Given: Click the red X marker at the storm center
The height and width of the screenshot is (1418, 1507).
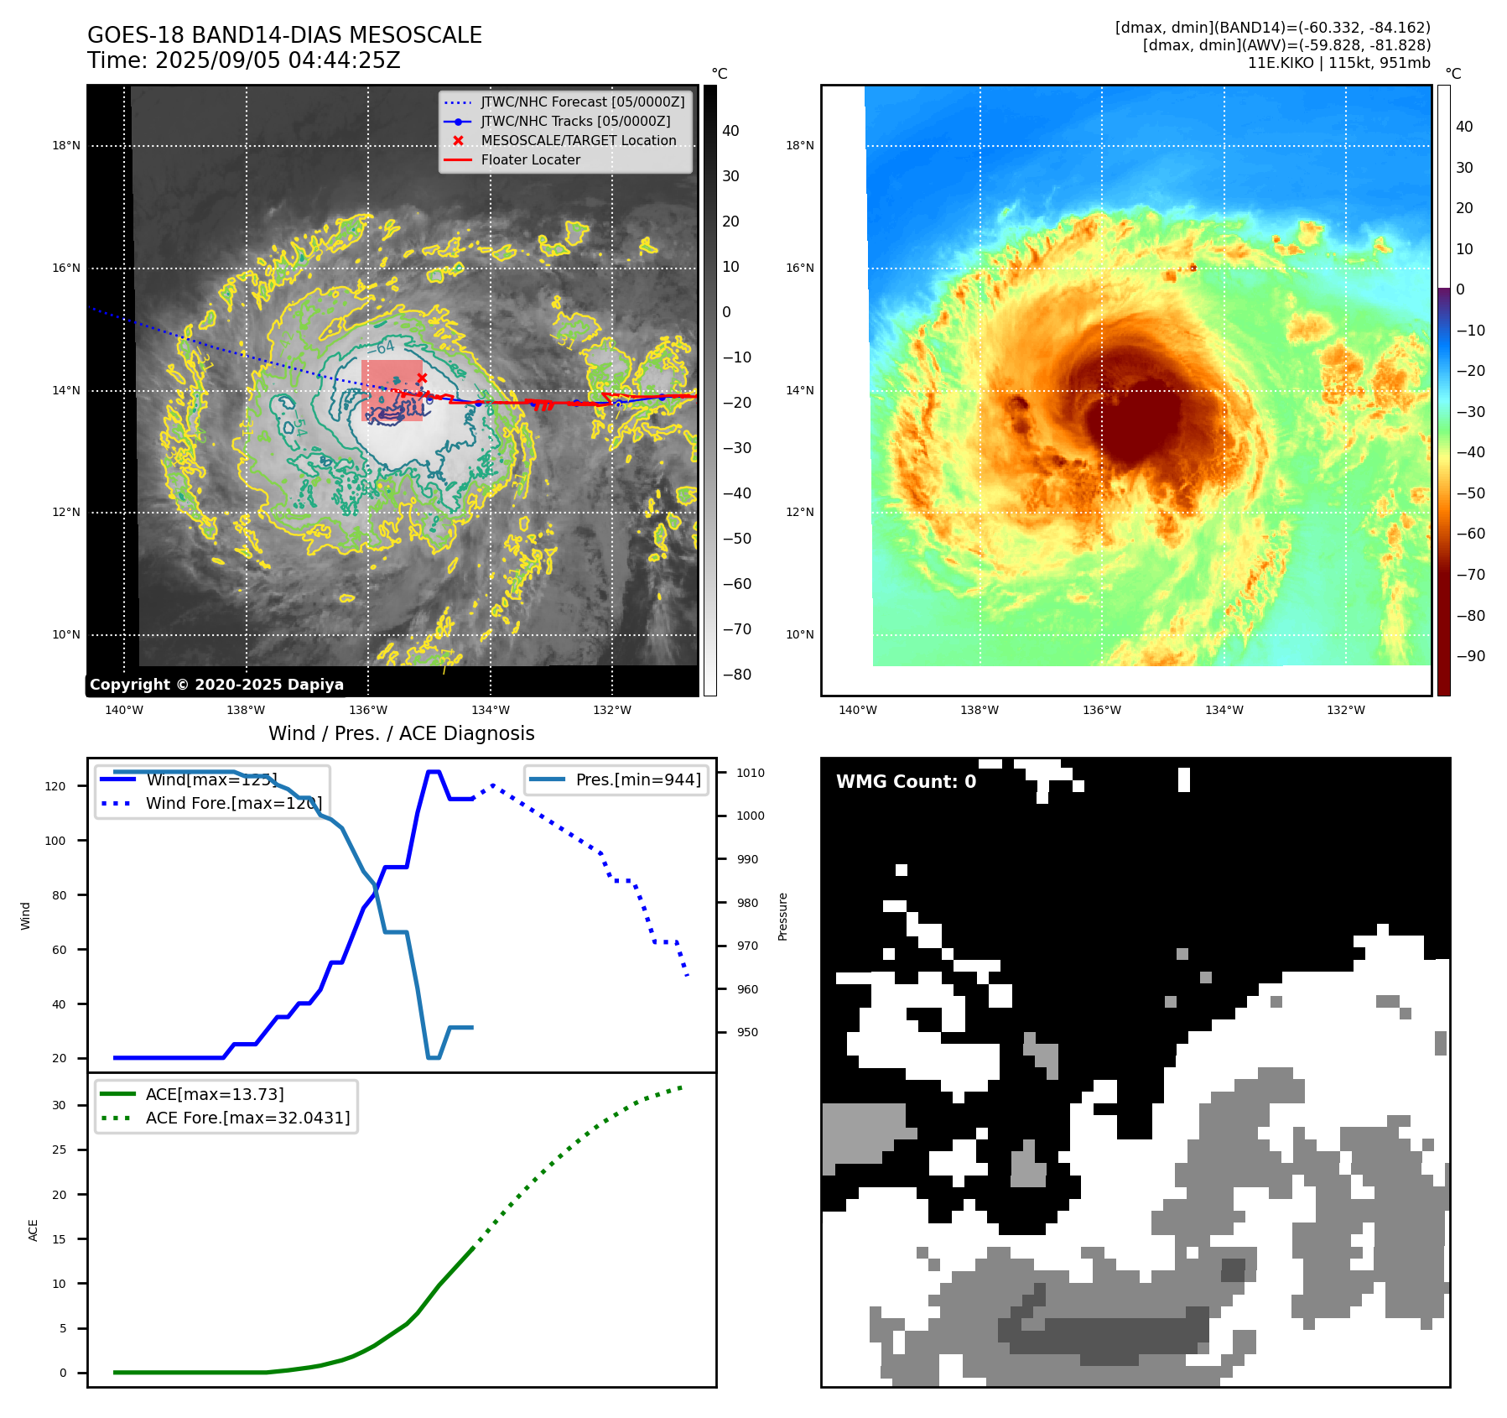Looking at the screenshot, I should coord(422,378).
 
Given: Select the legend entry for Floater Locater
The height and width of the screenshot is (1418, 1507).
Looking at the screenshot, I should coord(530,160).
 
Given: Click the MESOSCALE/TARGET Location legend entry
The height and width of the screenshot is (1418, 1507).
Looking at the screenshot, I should coord(578,141).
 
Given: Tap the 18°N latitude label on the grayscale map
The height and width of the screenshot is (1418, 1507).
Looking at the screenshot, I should coord(66,146).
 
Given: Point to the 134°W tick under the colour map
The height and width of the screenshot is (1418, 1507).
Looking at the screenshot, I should coord(1224,711).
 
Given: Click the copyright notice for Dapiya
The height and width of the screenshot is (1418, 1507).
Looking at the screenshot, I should coord(216,685).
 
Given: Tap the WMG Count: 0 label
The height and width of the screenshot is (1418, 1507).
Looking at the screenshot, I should coord(906,782).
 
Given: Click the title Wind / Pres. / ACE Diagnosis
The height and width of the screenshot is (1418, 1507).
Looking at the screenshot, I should coord(401,734).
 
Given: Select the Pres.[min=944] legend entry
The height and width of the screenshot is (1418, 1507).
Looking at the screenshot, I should coord(637,779).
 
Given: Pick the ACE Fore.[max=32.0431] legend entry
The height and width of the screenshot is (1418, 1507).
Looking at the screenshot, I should coord(247,1118).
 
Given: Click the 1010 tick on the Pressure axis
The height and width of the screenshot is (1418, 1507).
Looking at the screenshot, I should coord(751,774).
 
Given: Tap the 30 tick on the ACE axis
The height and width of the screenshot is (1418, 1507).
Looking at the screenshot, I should coord(60,1106).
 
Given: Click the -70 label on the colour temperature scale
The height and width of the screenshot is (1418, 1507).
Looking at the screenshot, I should coord(1470,575).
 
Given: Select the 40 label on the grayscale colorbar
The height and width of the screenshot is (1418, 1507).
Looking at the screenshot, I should coord(730,131).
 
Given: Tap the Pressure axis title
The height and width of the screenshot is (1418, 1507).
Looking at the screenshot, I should coord(782,916).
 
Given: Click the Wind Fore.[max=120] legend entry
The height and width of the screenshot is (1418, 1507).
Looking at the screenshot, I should coord(233,804).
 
